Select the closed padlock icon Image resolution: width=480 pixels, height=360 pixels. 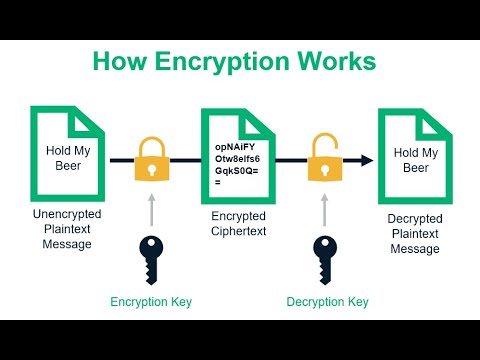click(x=151, y=159)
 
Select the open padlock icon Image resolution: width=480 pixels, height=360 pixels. click(x=322, y=159)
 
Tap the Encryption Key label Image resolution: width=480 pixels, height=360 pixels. click(x=151, y=301)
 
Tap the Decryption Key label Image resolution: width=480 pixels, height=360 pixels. click(x=327, y=301)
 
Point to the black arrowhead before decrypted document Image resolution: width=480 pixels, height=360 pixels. click(x=366, y=159)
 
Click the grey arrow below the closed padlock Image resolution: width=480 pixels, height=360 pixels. click(x=151, y=209)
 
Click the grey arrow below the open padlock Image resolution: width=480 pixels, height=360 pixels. click(x=323, y=209)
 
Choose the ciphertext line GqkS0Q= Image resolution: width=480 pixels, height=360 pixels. click(x=241, y=171)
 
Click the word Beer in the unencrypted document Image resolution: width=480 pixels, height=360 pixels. click(x=68, y=166)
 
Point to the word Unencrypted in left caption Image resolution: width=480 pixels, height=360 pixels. click(x=67, y=215)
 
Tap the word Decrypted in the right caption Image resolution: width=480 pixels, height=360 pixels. click(x=413, y=217)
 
